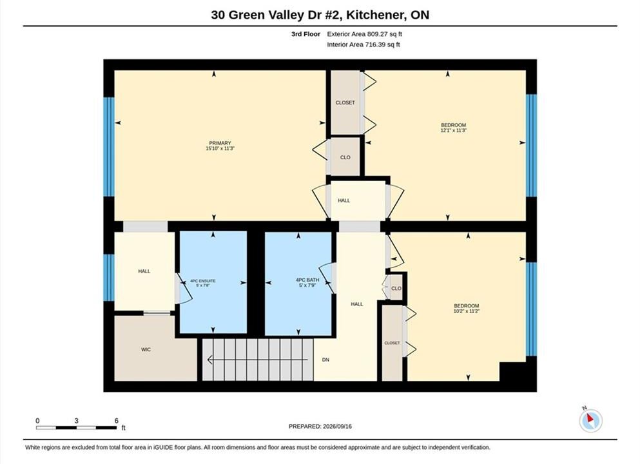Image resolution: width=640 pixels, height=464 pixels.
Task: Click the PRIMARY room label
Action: pyautogui.click(x=220, y=143)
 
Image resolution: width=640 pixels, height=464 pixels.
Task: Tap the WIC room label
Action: pyautogui.click(x=146, y=349)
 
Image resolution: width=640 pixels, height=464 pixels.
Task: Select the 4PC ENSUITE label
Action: pyautogui.click(x=203, y=281)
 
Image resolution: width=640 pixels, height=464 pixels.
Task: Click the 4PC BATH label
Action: pyautogui.click(x=307, y=280)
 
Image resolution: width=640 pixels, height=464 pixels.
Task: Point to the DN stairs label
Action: pyautogui.click(x=325, y=360)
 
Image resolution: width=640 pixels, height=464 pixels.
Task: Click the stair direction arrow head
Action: pyautogui.click(x=210, y=360)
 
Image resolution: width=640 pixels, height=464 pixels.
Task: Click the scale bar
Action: pyautogui.click(x=76, y=428)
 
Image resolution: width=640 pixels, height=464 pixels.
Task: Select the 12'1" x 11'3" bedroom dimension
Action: pyautogui.click(x=454, y=131)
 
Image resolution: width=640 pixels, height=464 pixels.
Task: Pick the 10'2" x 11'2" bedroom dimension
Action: pyautogui.click(x=467, y=311)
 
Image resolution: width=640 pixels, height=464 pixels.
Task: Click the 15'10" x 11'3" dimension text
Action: pyautogui.click(x=220, y=149)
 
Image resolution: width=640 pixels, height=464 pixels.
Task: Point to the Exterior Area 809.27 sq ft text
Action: pyautogui.click(x=365, y=34)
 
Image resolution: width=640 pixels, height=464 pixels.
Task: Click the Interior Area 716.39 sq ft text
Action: pyautogui.click(x=364, y=44)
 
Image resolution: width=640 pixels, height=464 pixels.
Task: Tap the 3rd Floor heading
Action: pyautogui.click(x=305, y=34)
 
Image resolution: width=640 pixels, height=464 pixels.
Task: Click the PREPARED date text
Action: pyautogui.click(x=320, y=427)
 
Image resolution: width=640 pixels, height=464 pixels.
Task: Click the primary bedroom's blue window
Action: pyautogui.click(x=109, y=147)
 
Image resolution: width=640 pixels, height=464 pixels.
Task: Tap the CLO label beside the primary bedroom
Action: pyautogui.click(x=345, y=157)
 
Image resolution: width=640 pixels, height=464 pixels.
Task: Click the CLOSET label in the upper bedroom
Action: pyautogui.click(x=345, y=103)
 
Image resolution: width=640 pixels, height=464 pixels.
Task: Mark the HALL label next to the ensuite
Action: pyautogui.click(x=144, y=271)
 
